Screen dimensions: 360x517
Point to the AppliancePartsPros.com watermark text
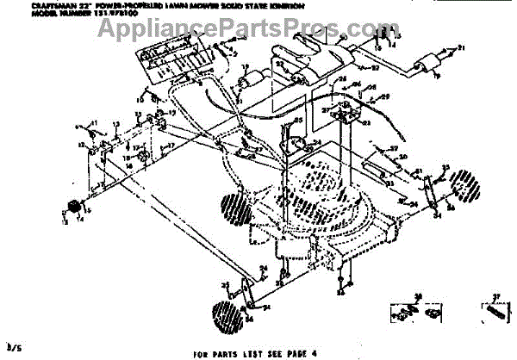pyautogui.click(x=240, y=32)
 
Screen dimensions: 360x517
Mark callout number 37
pyautogui.click(x=495, y=294)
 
